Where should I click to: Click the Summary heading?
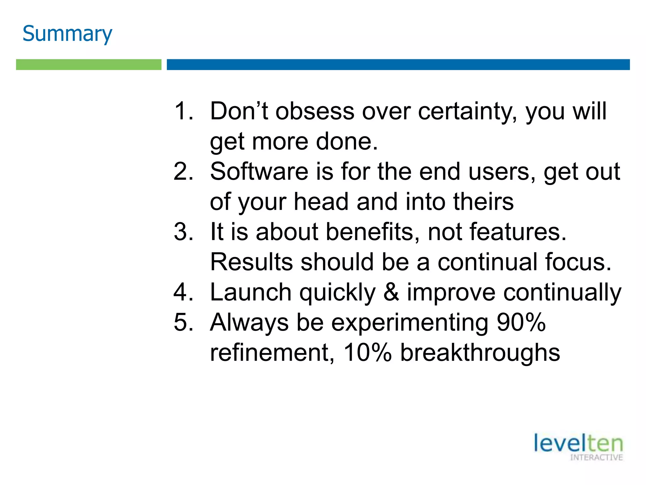[x=67, y=33]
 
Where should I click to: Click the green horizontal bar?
[x=89, y=64]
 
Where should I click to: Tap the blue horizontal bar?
[x=398, y=64]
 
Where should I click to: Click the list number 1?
[x=183, y=111]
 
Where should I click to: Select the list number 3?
[x=183, y=232]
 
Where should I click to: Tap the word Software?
[x=259, y=171]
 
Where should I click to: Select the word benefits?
[x=373, y=232]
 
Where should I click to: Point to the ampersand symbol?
[x=391, y=292]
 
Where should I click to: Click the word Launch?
[x=251, y=292]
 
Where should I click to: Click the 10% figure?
[x=367, y=352]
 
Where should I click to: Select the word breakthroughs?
[x=480, y=352]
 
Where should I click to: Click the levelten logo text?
[x=578, y=443]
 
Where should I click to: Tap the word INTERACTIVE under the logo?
[x=596, y=458]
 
